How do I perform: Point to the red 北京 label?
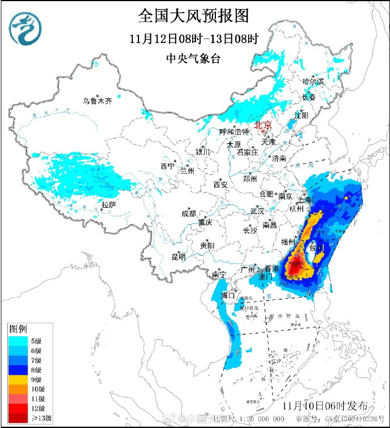(263, 125)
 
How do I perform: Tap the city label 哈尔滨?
(313, 82)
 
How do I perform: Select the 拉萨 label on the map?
(109, 204)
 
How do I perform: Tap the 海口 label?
(228, 295)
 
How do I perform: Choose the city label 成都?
(189, 213)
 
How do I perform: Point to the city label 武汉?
(257, 211)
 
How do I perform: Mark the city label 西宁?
(167, 166)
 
